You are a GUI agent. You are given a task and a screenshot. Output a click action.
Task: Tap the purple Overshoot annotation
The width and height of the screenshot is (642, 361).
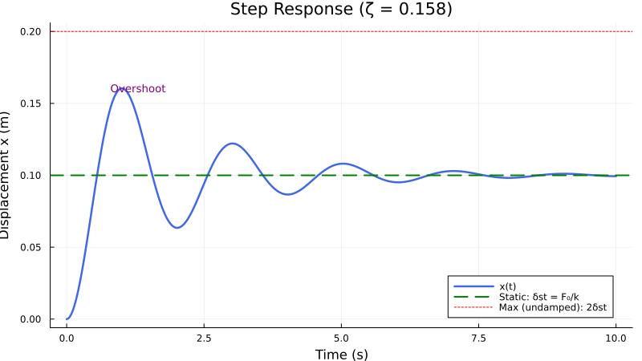[138, 89]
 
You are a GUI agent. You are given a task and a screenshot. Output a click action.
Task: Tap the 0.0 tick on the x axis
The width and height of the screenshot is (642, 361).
[67, 339]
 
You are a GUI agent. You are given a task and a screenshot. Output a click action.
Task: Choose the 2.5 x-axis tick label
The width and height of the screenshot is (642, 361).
[204, 339]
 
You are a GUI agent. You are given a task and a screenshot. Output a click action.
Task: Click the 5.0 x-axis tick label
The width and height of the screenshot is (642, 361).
[342, 339]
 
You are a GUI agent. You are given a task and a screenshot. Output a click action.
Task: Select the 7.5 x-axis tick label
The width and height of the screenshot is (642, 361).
[479, 339]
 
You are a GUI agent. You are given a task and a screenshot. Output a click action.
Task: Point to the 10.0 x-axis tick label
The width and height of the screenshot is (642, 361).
[616, 339]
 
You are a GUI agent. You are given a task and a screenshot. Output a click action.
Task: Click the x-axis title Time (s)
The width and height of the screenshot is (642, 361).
[341, 354]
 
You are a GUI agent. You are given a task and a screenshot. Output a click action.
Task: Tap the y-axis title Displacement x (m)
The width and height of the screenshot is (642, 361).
[7, 175]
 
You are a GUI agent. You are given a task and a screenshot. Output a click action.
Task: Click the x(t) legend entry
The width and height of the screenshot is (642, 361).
[507, 286]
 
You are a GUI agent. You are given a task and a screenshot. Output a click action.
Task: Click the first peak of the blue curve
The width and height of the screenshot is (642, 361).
[121, 89]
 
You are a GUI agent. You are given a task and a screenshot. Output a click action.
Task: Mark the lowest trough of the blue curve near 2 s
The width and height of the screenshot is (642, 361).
[177, 228]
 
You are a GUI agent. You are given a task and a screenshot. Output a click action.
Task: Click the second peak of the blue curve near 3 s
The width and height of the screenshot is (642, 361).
[232, 144]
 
